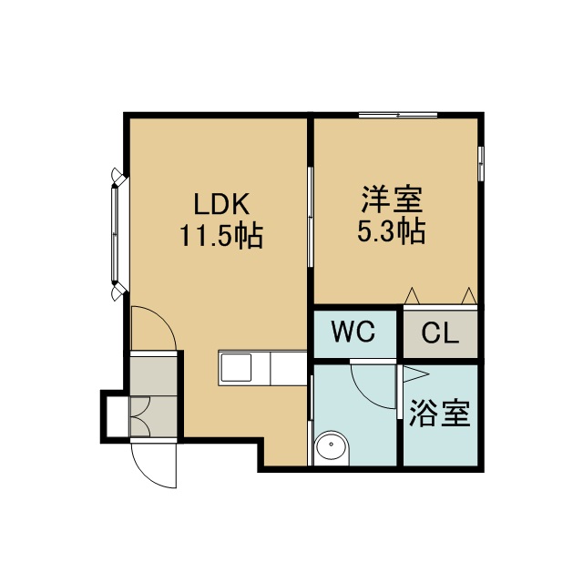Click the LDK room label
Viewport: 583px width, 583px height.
pos(221,204)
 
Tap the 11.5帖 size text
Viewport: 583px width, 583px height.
pos(221,235)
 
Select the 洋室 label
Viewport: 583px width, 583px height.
pos(392,199)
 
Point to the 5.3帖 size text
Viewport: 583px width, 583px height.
pos(392,230)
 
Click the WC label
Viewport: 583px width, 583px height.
pos(353,332)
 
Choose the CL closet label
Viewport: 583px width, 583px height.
pos(440,333)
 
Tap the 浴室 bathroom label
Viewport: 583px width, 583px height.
pos(440,413)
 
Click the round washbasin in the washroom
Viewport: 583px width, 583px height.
pos(331,447)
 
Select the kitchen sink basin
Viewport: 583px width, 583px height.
pos(236,367)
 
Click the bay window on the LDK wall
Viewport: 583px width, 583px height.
pos(118,233)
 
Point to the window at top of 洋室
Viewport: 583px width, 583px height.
pos(398,115)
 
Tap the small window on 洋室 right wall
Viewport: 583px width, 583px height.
pos(481,164)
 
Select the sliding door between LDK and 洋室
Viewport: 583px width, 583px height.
pos(310,217)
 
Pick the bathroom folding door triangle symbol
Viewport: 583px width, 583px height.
pos(415,374)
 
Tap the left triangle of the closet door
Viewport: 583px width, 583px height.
pos(412,295)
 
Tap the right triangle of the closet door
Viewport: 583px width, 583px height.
pos(469,295)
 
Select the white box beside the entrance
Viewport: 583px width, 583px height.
pos(118,416)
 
